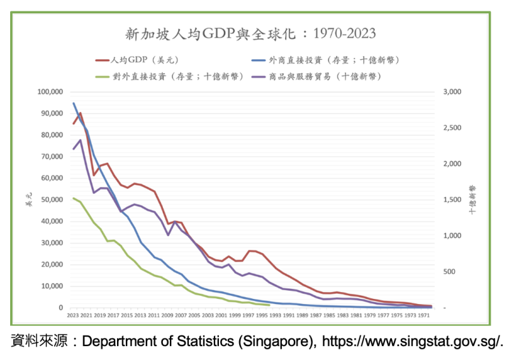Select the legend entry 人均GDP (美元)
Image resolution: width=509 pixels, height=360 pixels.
[144, 60]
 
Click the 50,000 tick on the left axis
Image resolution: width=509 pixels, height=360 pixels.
[51, 200]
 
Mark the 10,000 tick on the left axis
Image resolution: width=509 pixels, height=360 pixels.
[51, 286]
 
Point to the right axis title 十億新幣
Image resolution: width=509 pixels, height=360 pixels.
[473, 200]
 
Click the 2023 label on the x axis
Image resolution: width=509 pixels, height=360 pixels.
[73, 315]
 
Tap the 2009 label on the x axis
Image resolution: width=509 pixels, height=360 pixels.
[168, 315]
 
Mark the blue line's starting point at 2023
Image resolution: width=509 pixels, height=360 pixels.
[73, 103]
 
